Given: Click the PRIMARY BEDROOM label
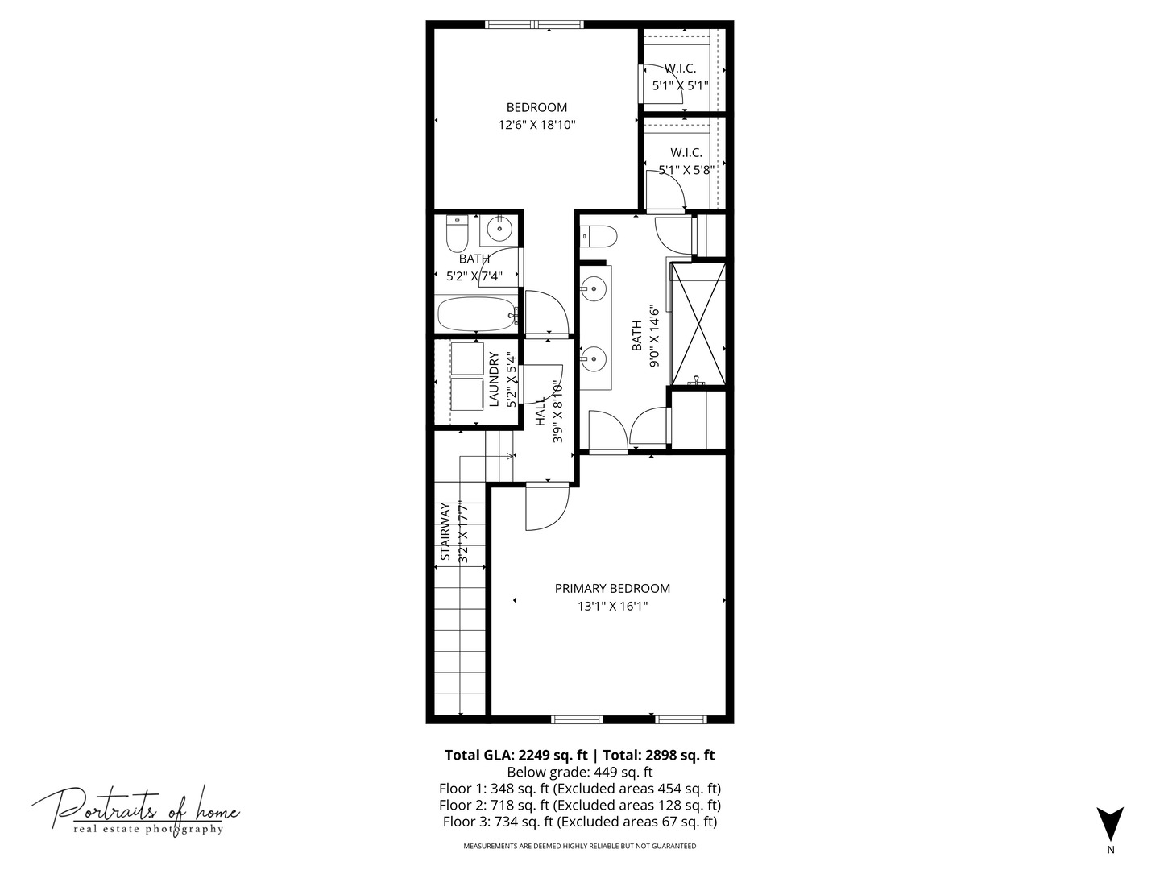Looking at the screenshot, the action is pyautogui.click(x=612, y=588).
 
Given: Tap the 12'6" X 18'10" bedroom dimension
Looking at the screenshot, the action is pyautogui.click(x=536, y=125).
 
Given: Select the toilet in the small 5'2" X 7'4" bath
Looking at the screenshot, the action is pyautogui.click(x=457, y=234).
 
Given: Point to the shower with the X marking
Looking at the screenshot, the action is pyautogui.click(x=698, y=324).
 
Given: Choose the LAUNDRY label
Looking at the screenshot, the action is pyautogui.click(x=494, y=379).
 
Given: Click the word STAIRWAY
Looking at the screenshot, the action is pyautogui.click(x=445, y=532).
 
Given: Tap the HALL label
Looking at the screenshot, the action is pyautogui.click(x=540, y=412).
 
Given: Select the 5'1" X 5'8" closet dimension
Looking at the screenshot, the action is pyautogui.click(x=686, y=170).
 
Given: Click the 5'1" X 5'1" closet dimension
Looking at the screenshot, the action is pyautogui.click(x=680, y=85).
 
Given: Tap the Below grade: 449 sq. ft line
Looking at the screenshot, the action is pyautogui.click(x=580, y=773).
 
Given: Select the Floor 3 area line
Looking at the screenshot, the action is pyautogui.click(x=580, y=822).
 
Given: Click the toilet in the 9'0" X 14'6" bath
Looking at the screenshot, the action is pyautogui.click(x=599, y=236).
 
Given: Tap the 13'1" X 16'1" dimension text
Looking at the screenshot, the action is pyautogui.click(x=612, y=606).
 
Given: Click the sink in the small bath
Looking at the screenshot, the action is pyautogui.click(x=498, y=230).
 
